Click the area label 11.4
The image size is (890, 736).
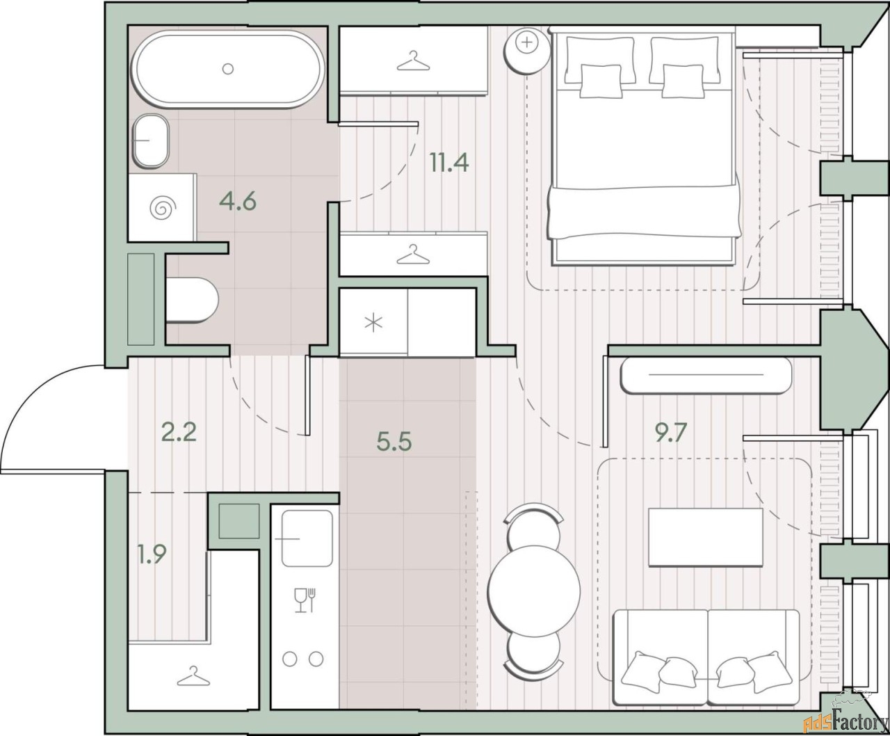click(x=449, y=163)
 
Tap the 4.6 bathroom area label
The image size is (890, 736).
click(x=238, y=201)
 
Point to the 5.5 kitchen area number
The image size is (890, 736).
click(x=394, y=441)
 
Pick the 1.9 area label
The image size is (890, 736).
click(x=152, y=554)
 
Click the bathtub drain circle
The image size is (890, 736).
click(x=228, y=68)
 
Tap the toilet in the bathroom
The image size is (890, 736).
click(x=192, y=301)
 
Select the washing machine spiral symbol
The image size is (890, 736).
click(x=163, y=208)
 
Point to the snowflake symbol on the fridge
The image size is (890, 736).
click(x=373, y=322)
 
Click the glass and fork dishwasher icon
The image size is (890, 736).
click(x=305, y=600)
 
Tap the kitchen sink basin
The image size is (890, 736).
click(x=307, y=538)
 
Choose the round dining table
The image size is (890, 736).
click(x=534, y=591)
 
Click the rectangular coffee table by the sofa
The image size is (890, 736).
click(x=706, y=537)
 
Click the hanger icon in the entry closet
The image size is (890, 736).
click(x=193, y=676)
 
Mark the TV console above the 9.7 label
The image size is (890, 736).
click(x=706, y=375)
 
